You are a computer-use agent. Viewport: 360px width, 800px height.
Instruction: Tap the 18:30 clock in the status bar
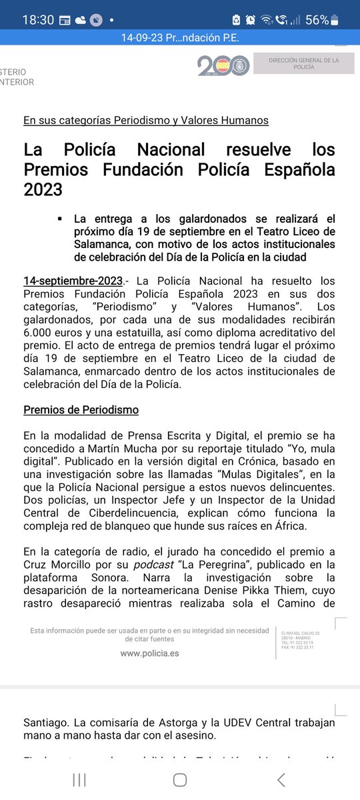[x=37, y=19]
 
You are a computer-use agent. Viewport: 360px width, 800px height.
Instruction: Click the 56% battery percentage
[x=317, y=19]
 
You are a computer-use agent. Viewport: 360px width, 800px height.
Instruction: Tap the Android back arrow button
[x=281, y=779]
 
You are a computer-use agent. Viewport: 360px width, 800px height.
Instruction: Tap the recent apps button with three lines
[x=79, y=779]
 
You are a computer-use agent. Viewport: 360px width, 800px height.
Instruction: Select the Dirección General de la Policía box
[x=303, y=64]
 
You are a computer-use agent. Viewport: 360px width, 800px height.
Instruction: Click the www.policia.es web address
[x=149, y=653]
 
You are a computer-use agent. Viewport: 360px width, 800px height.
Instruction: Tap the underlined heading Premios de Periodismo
[x=81, y=409]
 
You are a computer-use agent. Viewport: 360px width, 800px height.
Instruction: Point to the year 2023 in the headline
[x=43, y=190]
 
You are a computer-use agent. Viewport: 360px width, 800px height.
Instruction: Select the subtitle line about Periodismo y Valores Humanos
[x=146, y=121]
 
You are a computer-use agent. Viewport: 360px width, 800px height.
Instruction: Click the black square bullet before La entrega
[x=60, y=218]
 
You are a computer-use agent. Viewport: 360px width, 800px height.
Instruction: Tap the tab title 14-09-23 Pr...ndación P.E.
[x=179, y=37]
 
